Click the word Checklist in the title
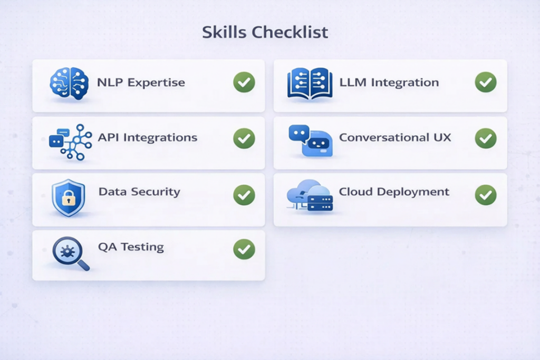click(290, 32)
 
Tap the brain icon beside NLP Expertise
click(69, 83)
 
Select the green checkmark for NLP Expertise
click(244, 82)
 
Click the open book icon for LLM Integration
click(310, 83)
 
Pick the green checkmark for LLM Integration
click(486, 82)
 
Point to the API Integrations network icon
click(71, 142)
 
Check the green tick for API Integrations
click(244, 138)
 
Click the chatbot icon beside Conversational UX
click(311, 140)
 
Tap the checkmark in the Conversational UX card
click(486, 138)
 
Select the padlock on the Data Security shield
click(69, 198)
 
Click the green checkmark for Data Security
click(244, 195)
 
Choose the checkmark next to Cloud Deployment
click(486, 195)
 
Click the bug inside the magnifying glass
click(67, 251)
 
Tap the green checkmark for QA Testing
click(244, 249)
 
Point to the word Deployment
click(413, 192)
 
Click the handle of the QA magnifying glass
click(83, 265)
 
